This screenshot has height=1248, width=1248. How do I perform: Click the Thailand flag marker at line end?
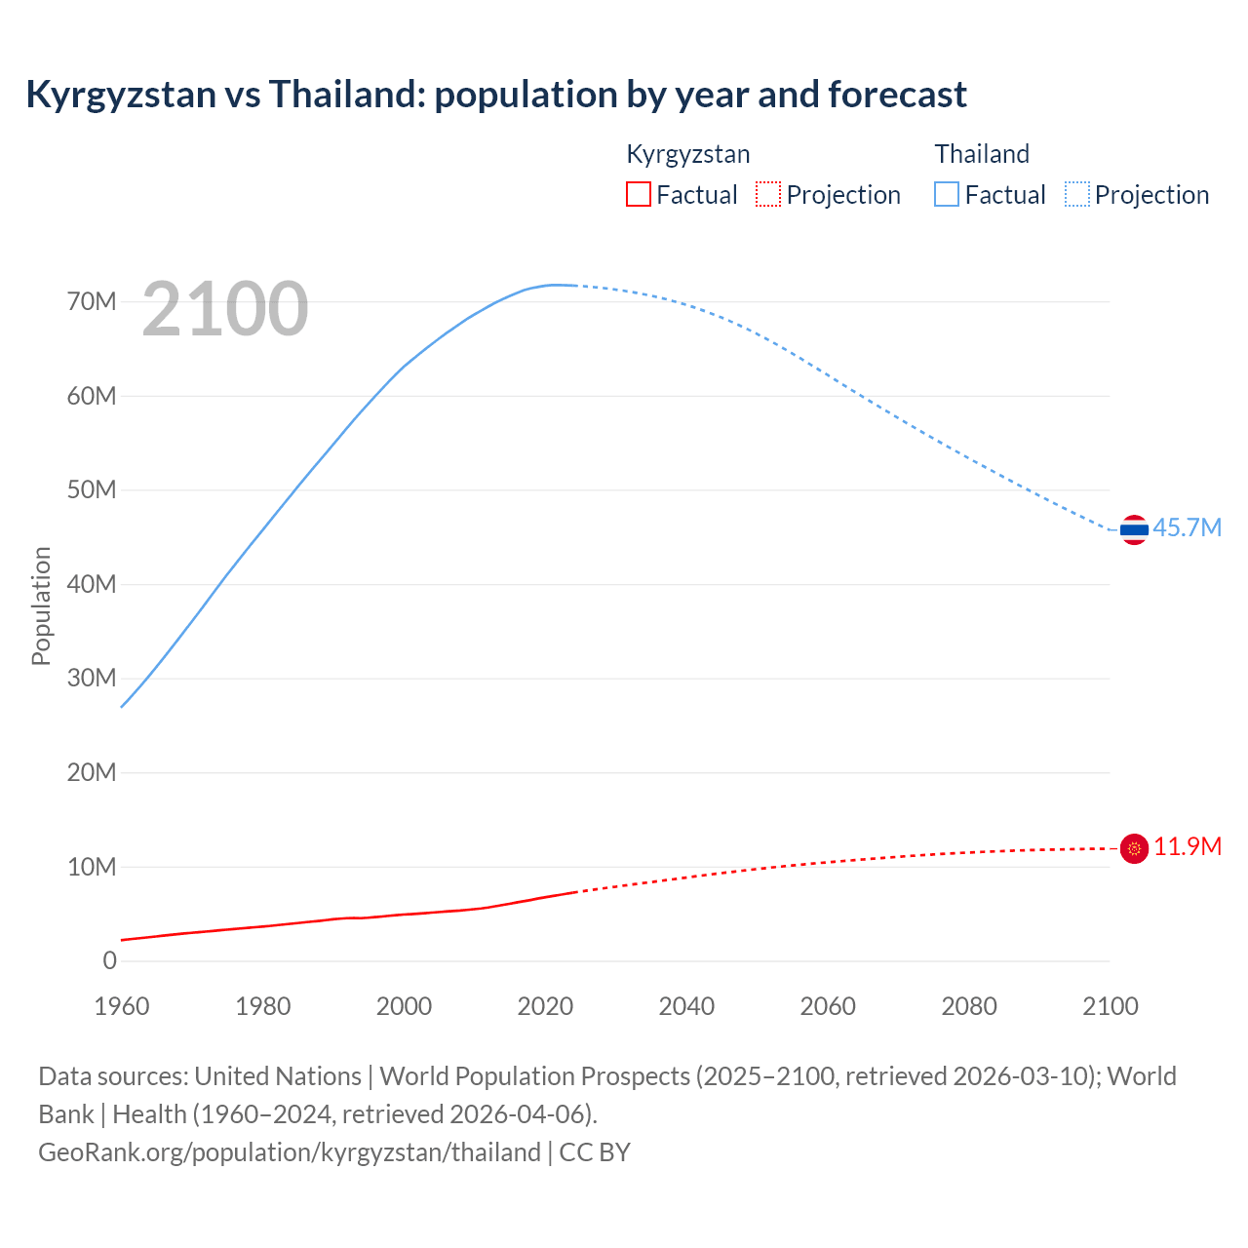1134,529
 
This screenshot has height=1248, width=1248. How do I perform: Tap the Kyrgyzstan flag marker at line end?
1134,849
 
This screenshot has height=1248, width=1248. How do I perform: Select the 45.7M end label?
1187,527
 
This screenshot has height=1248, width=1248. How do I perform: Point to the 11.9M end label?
1187,846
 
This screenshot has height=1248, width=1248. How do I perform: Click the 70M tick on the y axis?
92,301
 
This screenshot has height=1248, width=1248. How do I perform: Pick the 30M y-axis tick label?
92,678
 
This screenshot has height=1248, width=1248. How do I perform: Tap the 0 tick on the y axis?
109,960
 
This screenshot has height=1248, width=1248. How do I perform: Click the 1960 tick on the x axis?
122,1006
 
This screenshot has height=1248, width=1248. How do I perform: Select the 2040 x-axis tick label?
686,1006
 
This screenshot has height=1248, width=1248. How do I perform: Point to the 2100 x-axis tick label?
1110,1006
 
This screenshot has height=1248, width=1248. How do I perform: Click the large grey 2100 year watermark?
225,309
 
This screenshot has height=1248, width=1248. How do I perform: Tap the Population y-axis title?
41,605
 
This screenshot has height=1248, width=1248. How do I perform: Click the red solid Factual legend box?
638,194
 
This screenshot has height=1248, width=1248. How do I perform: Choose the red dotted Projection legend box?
768,194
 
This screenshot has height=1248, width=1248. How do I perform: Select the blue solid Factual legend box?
947,194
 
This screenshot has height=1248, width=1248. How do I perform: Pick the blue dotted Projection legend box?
1076,194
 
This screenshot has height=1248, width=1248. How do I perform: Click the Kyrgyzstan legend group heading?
687,154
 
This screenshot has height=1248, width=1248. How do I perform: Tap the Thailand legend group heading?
982,154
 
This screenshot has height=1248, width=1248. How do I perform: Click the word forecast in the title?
897,95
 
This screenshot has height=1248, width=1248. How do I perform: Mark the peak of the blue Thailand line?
557,285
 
